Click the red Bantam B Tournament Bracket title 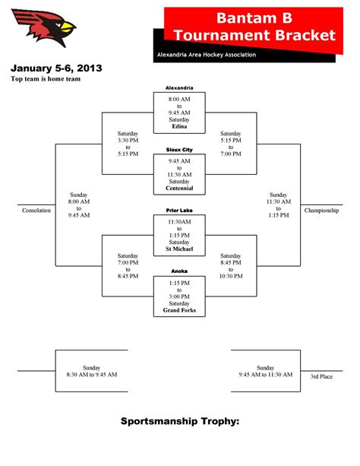point(254,27)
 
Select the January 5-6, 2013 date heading point(56,68)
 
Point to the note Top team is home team point(46,79)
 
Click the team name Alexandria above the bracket point(179,88)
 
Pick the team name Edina point(179,127)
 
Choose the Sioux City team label point(179,150)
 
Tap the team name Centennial point(179,189)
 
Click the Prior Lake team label point(179,211)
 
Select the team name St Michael point(179,249)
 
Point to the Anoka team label point(179,271)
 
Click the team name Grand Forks point(179,310)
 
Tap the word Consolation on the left point(36,211)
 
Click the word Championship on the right point(322,211)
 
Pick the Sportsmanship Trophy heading point(180,421)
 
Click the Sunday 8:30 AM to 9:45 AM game point(91,371)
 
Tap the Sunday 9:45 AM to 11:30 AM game point(266,371)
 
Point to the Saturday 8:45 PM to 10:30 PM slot point(231,266)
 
